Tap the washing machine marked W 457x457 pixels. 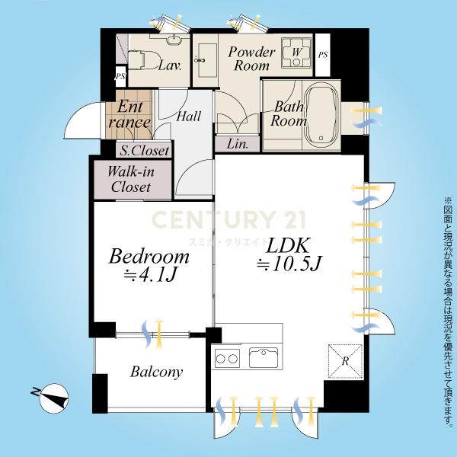pyautogui.click(x=296, y=53)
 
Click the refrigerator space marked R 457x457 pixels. pyautogui.click(x=345, y=361)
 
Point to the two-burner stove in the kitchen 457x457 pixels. pyautogui.click(x=227, y=359)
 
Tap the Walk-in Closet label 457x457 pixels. pyautogui.click(x=131, y=179)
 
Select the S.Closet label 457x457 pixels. pyautogui.click(x=145, y=151)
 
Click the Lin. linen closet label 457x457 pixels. pyautogui.click(x=238, y=144)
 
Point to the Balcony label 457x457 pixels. pyautogui.click(x=156, y=372)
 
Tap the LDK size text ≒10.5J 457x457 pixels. pyautogui.click(x=289, y=264)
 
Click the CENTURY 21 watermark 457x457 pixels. pyautogui.click(x=228, y=219)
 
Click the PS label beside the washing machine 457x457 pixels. pyautogui.click(x=323, y=55)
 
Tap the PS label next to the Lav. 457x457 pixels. pyautogui.click(x=120, y=76)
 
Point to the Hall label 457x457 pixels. pyautogui.click(x=189, y=117)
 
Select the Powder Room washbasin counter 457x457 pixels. pyautogui.click(x=206, y=61)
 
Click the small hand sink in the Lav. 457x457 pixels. pyautogui.click(x=174, y=40)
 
